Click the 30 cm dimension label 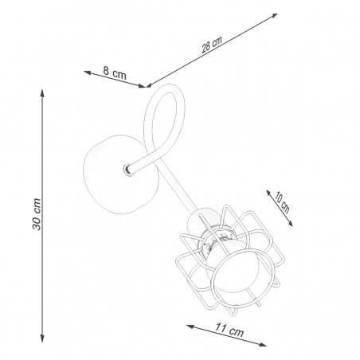37,214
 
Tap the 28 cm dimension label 212,45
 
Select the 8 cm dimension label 115,73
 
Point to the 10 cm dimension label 282,202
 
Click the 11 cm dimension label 229,330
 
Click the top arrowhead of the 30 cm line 42,93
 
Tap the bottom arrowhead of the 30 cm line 42,338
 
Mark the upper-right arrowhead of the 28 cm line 274,16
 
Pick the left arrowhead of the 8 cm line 88,72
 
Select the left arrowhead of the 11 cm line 190,327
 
